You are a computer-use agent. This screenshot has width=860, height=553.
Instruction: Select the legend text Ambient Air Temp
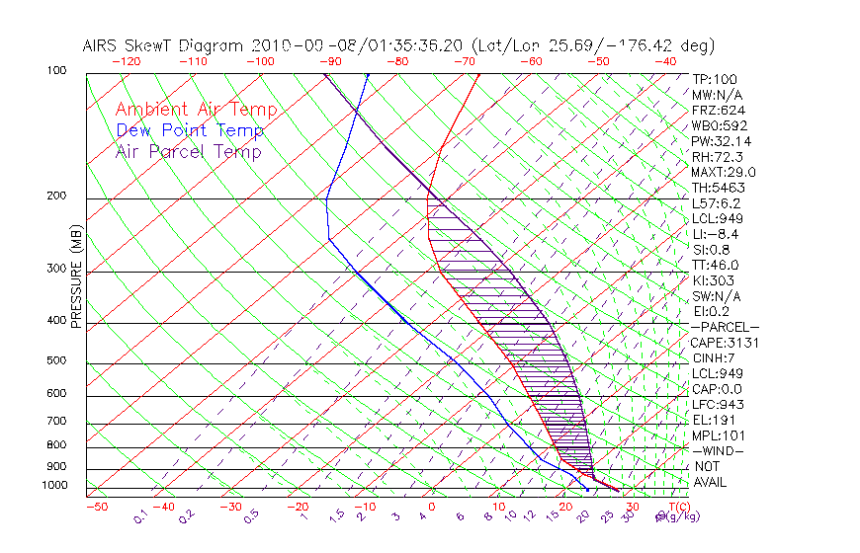196,110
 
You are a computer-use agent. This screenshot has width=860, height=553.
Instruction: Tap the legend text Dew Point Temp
189,131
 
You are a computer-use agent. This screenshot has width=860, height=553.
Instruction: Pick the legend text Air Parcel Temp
188,152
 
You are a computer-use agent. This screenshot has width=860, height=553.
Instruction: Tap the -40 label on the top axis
666,61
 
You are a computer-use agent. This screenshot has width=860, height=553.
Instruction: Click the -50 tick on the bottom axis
96,507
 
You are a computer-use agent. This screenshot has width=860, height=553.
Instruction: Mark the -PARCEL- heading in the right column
726,327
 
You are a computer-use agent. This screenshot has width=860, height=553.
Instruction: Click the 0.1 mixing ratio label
140,516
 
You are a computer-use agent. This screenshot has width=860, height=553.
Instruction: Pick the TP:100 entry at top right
715,79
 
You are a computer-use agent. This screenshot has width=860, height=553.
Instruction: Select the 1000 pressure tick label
55,486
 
